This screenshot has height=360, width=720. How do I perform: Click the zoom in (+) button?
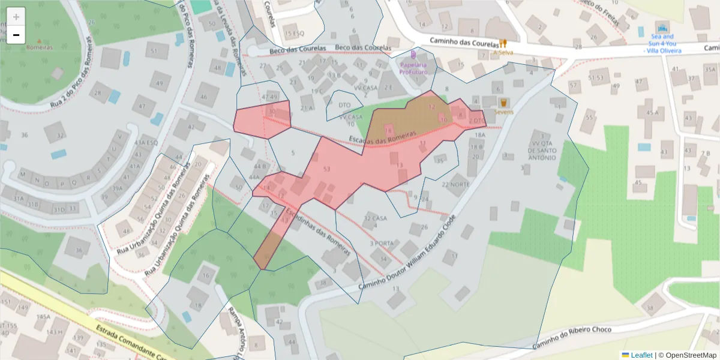coord(16,17)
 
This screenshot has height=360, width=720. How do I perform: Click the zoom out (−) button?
coord(16,35)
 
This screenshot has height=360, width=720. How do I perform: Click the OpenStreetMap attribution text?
coord(688,355)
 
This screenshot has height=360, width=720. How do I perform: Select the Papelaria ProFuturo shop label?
coord(413,68)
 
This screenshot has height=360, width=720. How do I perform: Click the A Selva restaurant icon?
coord(503,43)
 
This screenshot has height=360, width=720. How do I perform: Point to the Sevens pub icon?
coord(503,103)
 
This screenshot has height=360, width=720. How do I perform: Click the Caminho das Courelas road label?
coord(464,43)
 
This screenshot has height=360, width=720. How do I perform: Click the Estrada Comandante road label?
coord(126,342)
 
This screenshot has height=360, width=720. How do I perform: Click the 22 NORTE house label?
coord(456,184)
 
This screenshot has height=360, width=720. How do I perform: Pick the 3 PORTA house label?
coord(382,243)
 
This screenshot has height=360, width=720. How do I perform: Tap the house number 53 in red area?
coord(326,169)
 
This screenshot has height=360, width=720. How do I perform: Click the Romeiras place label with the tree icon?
coord(39,47)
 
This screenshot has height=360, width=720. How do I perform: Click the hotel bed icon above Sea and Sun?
coord(662,28)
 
